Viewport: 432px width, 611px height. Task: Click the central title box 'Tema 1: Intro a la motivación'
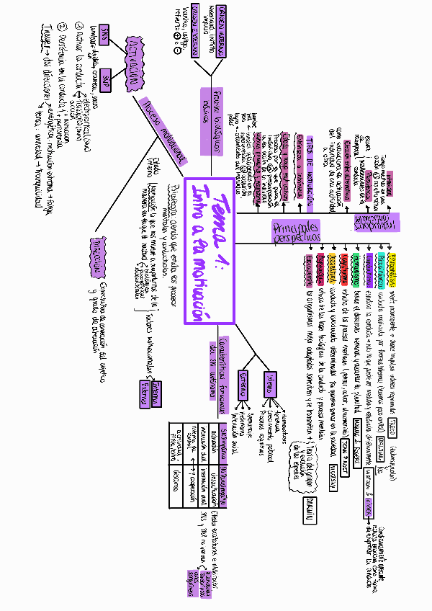point(210,252)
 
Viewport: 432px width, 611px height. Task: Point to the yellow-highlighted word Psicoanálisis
point(393,259)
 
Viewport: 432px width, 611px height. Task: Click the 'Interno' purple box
point(269,385)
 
